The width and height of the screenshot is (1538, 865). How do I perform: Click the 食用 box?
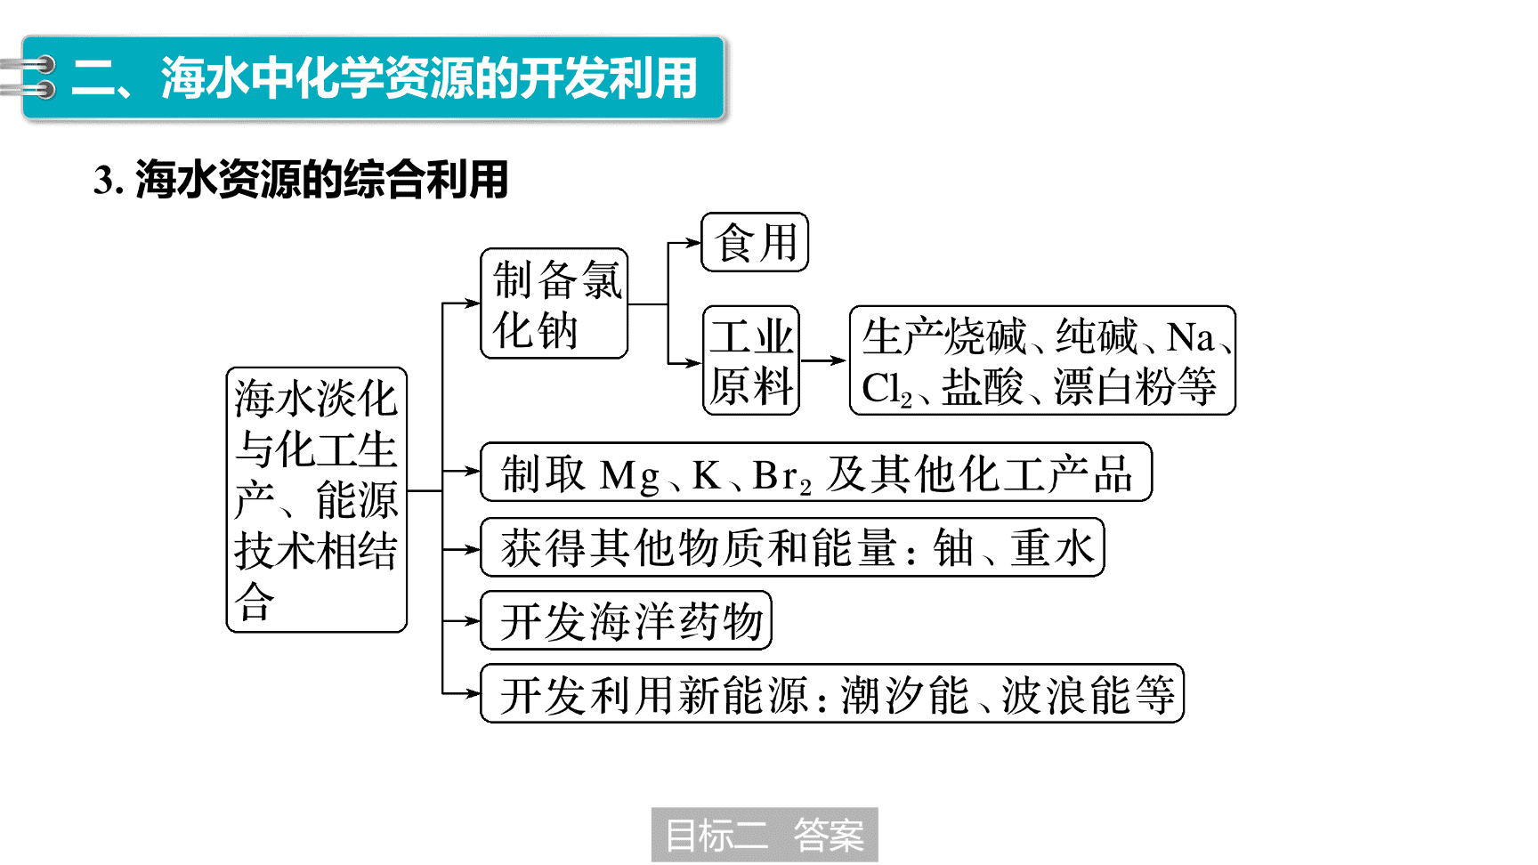(755, 242)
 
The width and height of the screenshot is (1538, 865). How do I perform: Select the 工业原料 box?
(751, 360)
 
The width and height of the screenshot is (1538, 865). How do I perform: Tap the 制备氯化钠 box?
(554, 303)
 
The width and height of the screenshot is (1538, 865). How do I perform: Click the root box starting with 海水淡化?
(317, 500)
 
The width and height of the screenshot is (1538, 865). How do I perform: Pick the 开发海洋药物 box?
(626, 620)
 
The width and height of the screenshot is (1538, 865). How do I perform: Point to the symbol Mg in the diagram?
(630, 475)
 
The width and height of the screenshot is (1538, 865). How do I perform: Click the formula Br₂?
(782, 476)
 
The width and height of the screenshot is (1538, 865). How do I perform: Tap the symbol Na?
(1191, 338)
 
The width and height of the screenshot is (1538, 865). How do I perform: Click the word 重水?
(1052, 547)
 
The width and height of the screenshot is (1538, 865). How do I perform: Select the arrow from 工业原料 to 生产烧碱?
(822, 360)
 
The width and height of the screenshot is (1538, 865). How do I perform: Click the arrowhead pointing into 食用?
(694, 242)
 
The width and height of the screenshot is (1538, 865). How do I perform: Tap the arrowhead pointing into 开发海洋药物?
(473, 620)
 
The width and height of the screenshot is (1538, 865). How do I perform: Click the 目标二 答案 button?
(765, 835)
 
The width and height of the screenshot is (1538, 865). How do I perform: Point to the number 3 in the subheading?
(103, 181)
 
